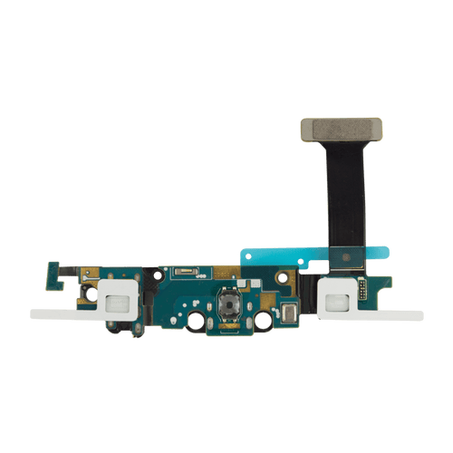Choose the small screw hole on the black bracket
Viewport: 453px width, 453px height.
coord(87,294)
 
